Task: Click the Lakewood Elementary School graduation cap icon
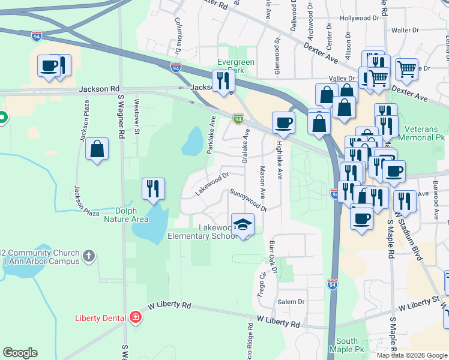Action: click(x=243, y=226)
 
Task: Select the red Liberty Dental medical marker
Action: click(x=136, y=317)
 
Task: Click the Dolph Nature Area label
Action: click(x=126, y=215)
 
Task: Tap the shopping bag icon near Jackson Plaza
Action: click(x=97, y=149)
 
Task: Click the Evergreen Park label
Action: click(x=236, y=66)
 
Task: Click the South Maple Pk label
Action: click(x=347, y=345)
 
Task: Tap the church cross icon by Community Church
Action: click(x=89, y=257)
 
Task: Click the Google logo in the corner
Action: click(x=20, y=353)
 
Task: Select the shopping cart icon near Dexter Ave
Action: click(x=406, y=69)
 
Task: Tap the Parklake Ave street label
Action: click(x=211, y=135)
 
